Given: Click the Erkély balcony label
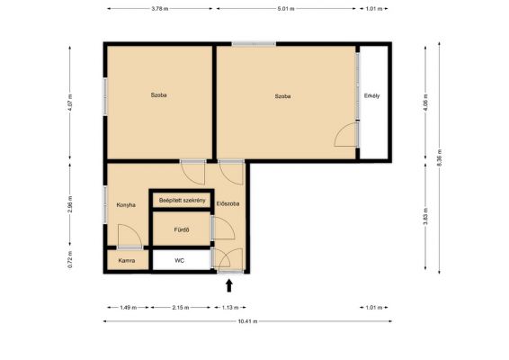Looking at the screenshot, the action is pos(371,95).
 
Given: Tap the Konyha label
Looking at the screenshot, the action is pos(126,205).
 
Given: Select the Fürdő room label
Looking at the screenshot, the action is pos(182,229).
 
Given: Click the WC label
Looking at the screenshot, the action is pos(180,261).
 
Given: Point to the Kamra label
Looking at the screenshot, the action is pos(127,261).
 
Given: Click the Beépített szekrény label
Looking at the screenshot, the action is pos(183,201).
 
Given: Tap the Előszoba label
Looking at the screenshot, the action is pos(228,203).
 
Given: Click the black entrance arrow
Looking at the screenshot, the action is pos(229,285).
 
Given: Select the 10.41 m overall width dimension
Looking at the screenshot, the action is pos(247,321).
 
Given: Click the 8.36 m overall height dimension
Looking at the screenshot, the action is pos(439,157).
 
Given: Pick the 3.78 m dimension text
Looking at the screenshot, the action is pos(160,9).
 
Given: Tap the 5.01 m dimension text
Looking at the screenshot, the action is pos(286,9).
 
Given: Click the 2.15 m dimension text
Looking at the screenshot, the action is pos(181,308).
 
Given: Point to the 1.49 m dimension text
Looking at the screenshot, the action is pos(129,308).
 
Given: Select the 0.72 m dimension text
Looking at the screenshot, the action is pos(70,259).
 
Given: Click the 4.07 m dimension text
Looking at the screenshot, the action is pos(70,103).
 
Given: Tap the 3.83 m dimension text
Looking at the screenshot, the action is pos(425,217).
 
